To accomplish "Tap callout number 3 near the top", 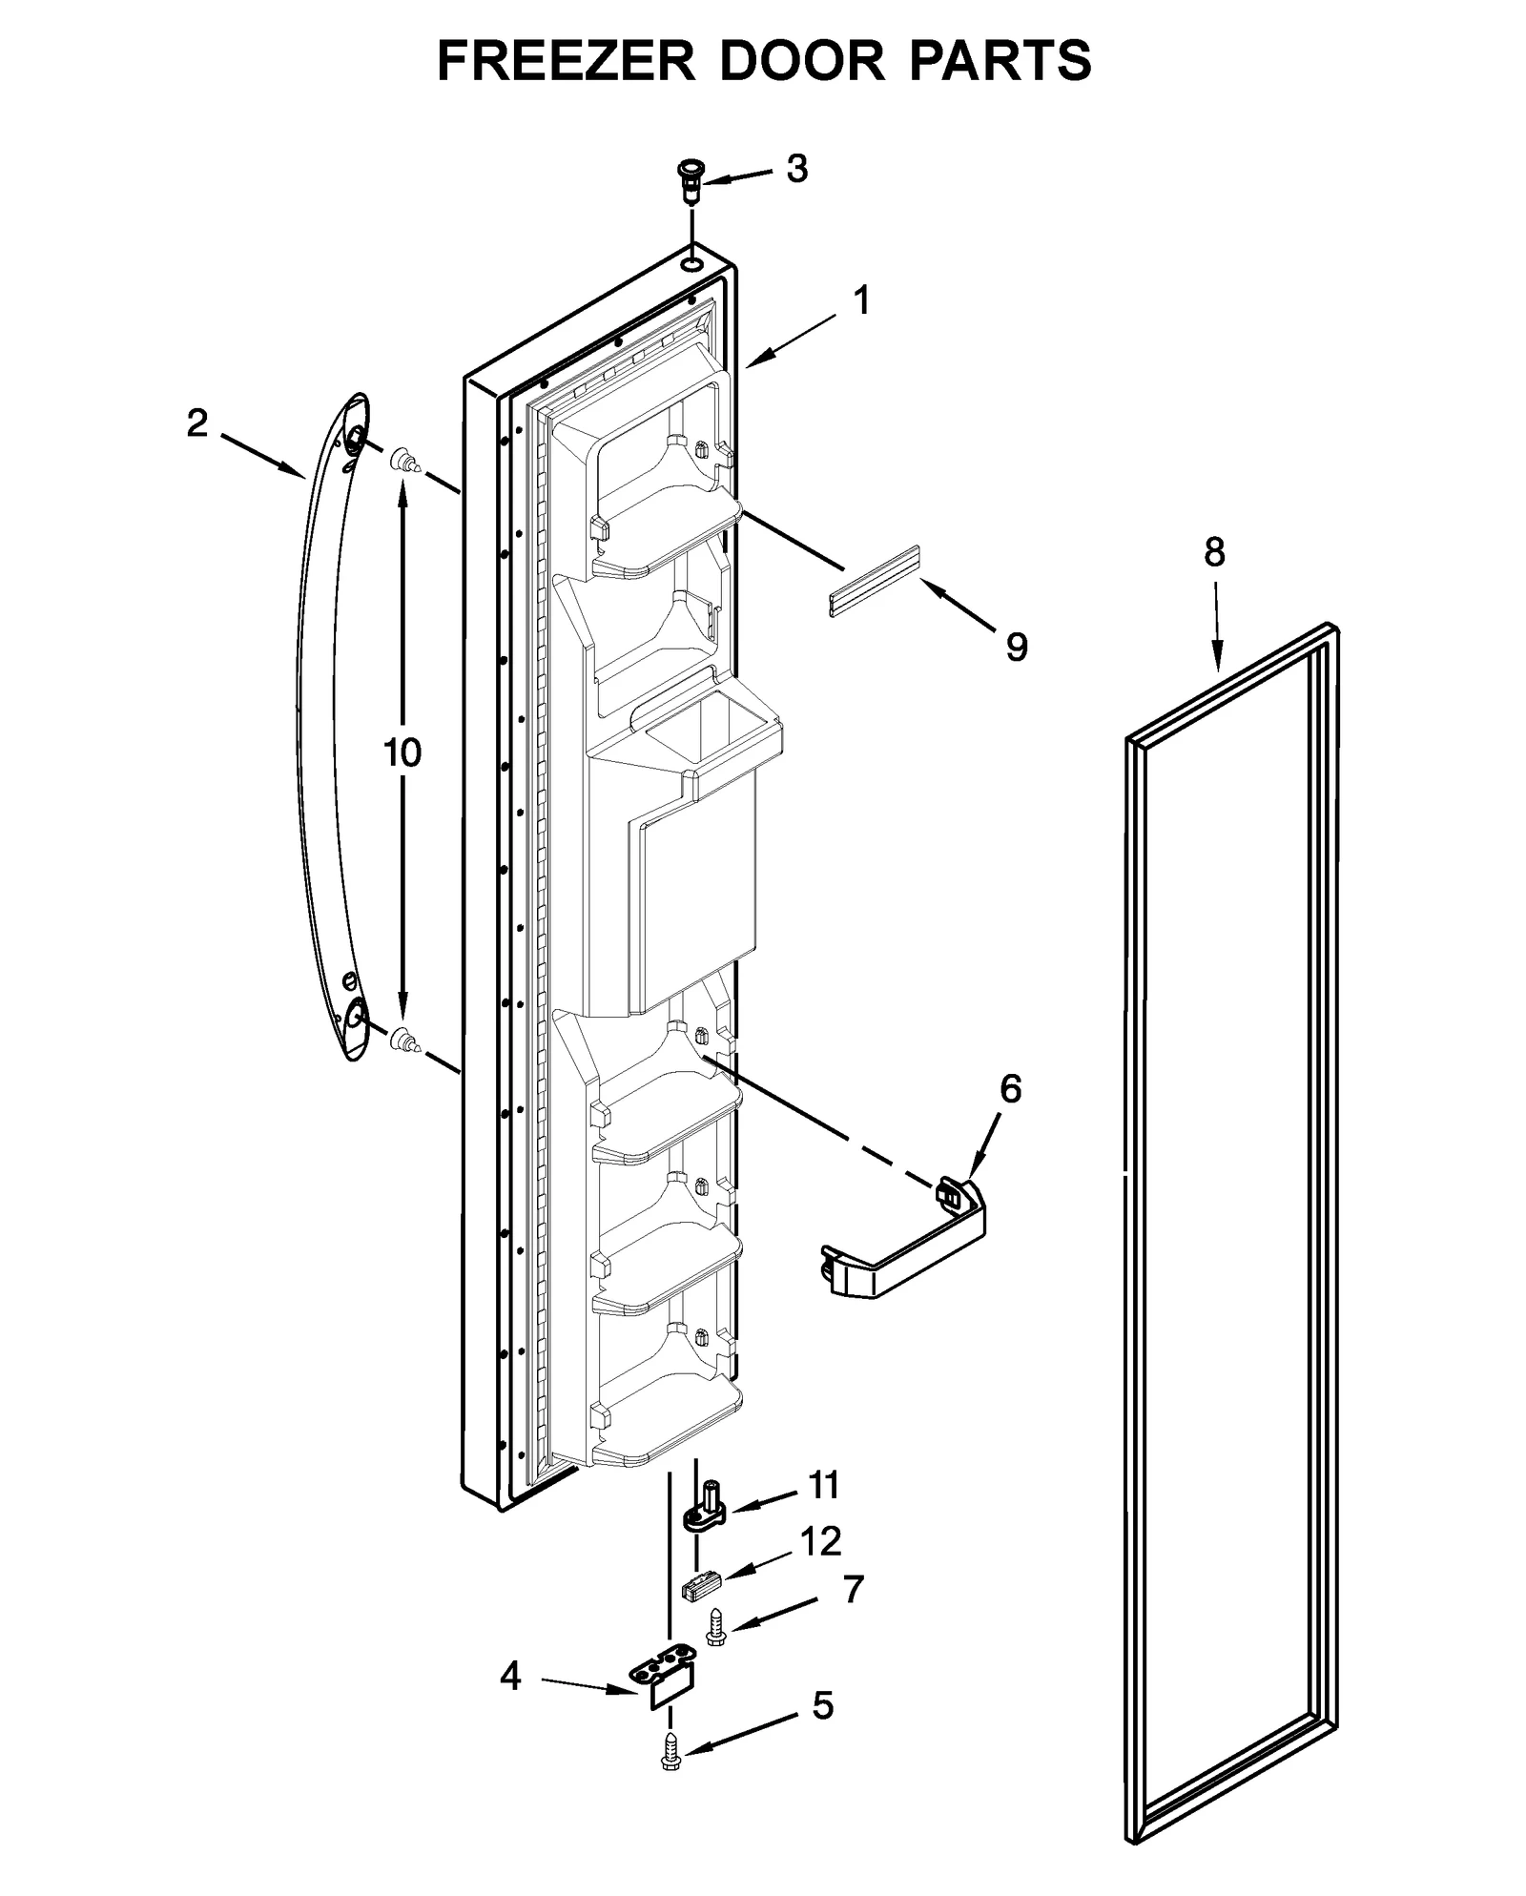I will pos(796,169).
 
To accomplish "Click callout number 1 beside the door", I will pos(860,301).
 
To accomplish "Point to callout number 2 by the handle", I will pos(196,423).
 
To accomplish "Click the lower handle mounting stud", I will pos(404,1039).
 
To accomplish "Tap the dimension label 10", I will pos(402,752).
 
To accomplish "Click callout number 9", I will pos(1017,648).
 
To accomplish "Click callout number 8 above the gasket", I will pos(1213,552).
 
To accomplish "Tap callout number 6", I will pos(1010,1088).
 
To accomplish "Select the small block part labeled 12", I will pos(701,1586).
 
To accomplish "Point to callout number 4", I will pos(510,1677).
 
